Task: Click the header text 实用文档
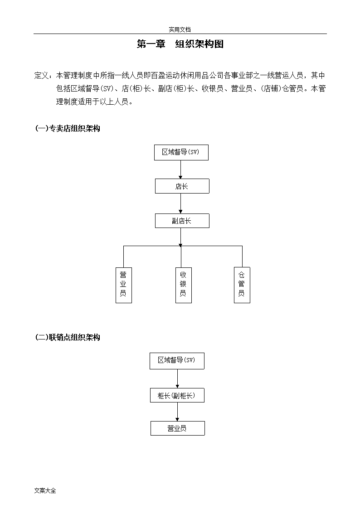[180, 29]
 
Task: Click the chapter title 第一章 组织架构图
[180, 44]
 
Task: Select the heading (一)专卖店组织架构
[68, 129]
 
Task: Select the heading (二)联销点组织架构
[68, 338]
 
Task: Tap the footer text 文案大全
[45, 491]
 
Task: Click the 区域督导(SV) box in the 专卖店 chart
[181, 152]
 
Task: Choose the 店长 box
[182, 186]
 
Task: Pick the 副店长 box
[182, 221]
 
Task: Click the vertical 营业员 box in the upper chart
[124, 285]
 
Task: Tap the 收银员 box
[184, 285]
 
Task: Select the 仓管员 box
[242, 285]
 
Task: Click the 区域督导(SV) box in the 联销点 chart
[177, 361]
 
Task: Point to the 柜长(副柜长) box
[177, 395]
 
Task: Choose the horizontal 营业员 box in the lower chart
[178, 428]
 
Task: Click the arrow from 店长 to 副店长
[181, 204]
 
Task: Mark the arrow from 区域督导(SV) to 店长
[181, 170]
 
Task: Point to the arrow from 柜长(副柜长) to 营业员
[177, 412]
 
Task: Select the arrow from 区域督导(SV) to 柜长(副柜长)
[177, 378]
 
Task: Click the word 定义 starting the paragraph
[42, 76]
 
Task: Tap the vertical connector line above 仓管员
[242, 257]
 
